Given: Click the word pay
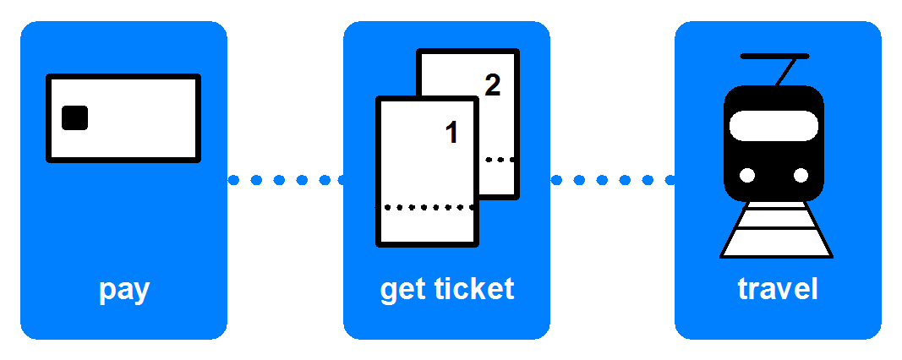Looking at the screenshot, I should click(123, 290).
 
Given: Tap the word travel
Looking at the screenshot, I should click(778, 289).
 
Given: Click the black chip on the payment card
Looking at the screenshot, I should click(74, 118).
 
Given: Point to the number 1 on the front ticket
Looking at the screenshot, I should click(451, 133).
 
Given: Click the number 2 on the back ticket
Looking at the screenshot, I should click(492, 85).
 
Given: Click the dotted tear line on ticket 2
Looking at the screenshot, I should click(500, 159).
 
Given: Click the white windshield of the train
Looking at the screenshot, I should click(774, 127).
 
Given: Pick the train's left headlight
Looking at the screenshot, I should click(747, 176).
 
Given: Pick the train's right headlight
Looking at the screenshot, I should click(801, 176).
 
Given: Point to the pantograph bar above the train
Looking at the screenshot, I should click(774, 56).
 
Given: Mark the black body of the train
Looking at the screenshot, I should click(774, 161).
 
